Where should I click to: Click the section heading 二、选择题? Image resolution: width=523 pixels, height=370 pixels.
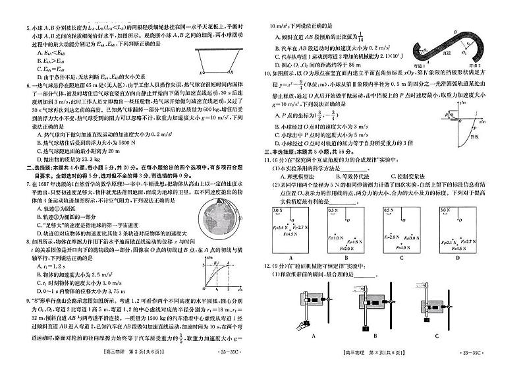tap(36, 168)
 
